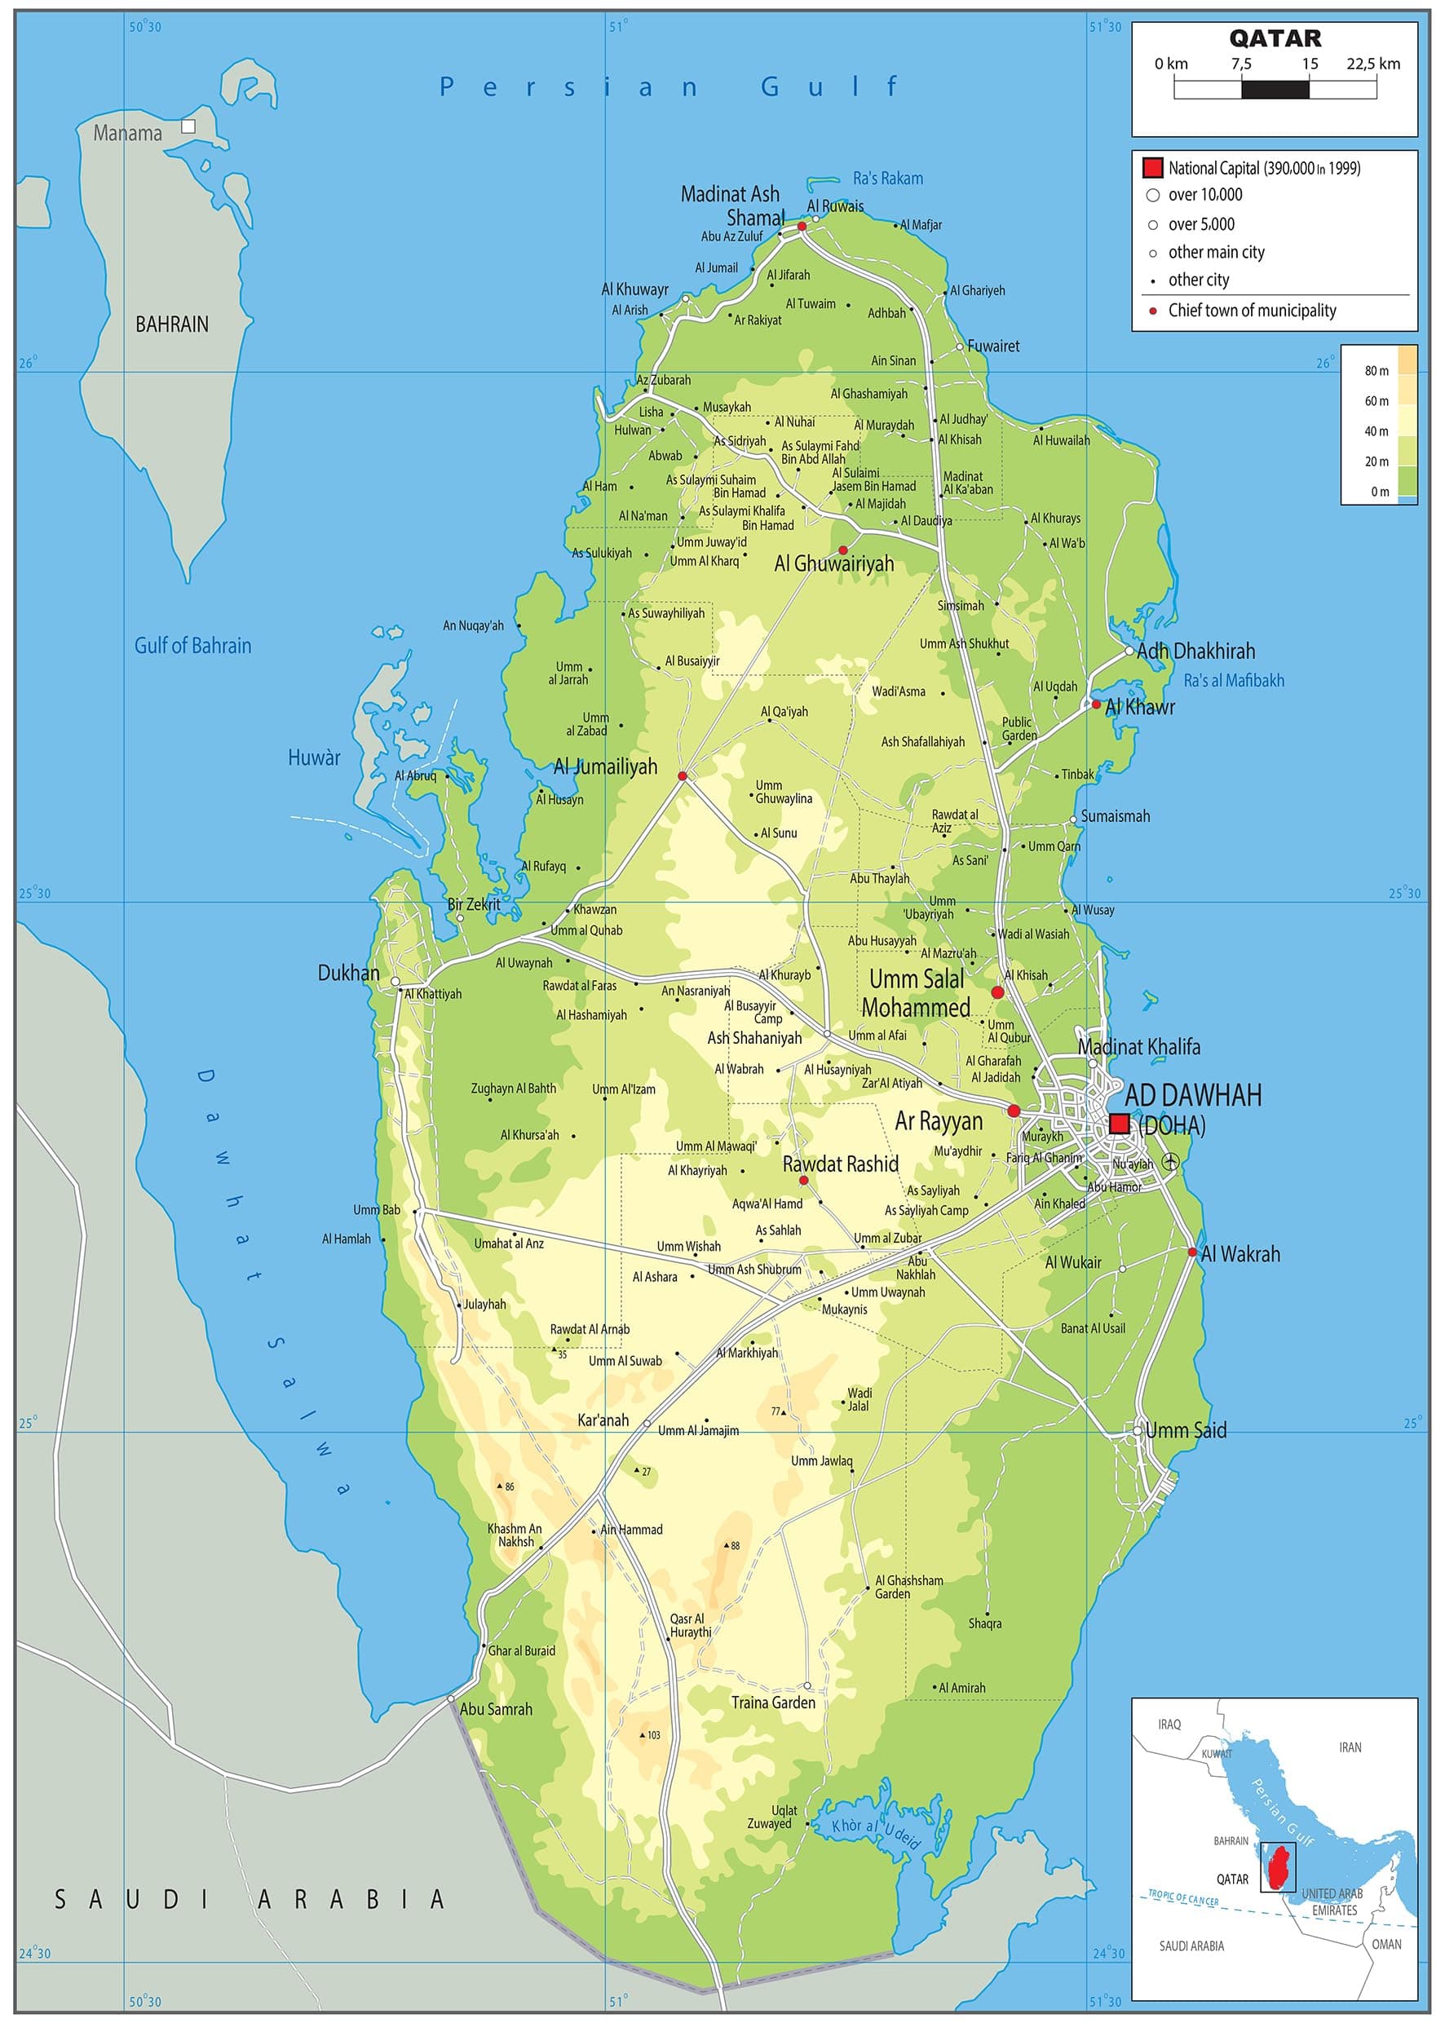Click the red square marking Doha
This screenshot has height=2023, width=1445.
pos(1120,1123)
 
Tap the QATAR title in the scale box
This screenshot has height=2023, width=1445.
pos(1275,38)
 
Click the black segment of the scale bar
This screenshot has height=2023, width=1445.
pos(1275,89)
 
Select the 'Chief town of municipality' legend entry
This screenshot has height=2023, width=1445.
pos(1251,311)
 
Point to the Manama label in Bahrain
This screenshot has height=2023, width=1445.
pos(128,134)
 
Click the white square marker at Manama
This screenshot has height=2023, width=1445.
pos(188,126)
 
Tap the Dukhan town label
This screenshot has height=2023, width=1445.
pos(348,974)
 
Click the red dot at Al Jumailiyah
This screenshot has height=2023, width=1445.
pos(683,775)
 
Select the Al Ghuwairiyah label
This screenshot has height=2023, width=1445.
pos(833,563)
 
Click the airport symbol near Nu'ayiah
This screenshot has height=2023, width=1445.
pos(1171,1161)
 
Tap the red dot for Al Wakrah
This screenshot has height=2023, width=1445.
pos(1192,1252)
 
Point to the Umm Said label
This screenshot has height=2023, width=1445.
pos(1185,1430)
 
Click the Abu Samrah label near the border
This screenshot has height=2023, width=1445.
pos(496,1709)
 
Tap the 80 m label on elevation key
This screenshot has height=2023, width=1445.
pos(1376,371)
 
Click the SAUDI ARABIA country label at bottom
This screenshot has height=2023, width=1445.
pos(250,1900)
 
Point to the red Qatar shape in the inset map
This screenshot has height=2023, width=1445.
pos(1282,1868)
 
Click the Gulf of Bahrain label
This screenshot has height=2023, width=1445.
pos(192,646)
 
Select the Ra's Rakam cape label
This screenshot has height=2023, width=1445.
pos(887,179)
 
